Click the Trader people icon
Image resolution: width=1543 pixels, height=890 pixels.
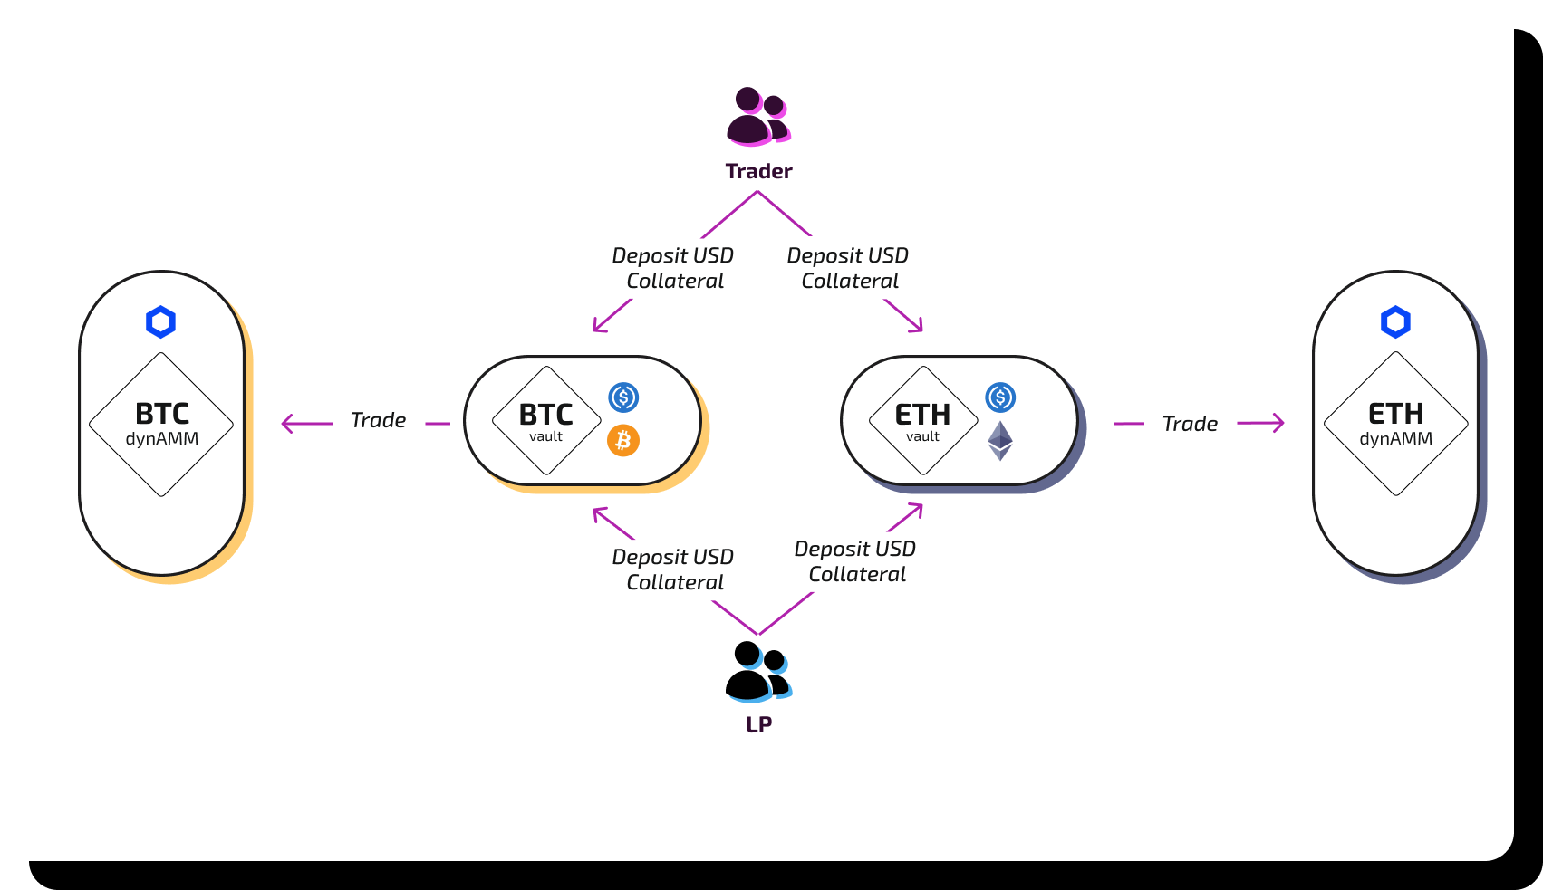[x=757, y=117]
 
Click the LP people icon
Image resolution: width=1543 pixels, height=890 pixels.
[x=757, y=672]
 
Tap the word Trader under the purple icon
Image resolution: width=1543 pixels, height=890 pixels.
[x=758, y=171]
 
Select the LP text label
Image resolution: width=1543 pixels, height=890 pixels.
[x=758, y=724]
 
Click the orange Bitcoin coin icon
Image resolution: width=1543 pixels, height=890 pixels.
[x=623, y=441]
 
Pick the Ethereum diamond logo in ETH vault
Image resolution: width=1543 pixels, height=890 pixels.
[x=999, y=441]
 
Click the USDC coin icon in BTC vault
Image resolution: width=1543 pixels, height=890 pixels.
[x=623, y=397]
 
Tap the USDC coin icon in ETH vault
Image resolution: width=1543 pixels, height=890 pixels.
[x=1000, y=397]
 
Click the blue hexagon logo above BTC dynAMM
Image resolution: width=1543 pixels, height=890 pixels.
[x=160, y=321]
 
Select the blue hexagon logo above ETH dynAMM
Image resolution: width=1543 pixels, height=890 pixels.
[x=1395, y=321]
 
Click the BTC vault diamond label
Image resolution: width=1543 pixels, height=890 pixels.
[x=546, y=421]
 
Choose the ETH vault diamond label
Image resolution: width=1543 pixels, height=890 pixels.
[x=923, y=421]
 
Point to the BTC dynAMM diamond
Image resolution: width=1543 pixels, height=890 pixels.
[x=161, y=424]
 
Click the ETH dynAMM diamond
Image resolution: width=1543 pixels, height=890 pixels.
[x=1395, y=424]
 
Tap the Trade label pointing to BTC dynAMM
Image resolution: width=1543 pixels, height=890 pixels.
[x=378, y=420]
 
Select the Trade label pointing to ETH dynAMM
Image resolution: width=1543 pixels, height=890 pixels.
[x=1190, y=424]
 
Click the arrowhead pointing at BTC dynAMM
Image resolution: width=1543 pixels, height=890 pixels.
[x=287, y=423]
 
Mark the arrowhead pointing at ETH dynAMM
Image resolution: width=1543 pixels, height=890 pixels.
[x=1278, y=423]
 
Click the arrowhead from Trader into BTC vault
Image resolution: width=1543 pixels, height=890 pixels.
[x=598, y=327]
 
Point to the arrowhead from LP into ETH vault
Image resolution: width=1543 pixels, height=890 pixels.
[x=917, y=509]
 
